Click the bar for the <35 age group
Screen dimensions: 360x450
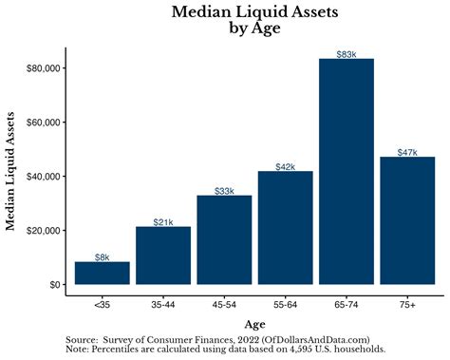tap(102, 274)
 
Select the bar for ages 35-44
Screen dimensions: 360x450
tap(163, 256)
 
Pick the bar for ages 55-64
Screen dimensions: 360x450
tap(286, 228)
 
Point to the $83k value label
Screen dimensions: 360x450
tap(347, 54)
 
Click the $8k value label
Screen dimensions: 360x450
tap(102, 257)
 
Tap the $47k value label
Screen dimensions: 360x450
tap(407, 152)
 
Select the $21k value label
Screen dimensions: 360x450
tap(163, 222)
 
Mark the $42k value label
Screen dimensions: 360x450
tap(286, 166)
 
